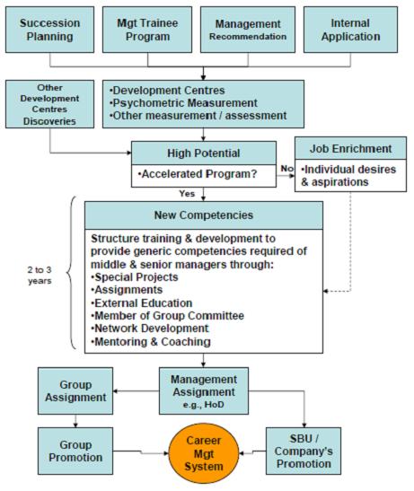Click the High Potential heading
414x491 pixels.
[209, 152]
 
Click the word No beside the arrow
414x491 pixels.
[286, 166]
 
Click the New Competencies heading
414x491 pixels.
[203, 215]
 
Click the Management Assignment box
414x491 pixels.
[204, 389]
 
